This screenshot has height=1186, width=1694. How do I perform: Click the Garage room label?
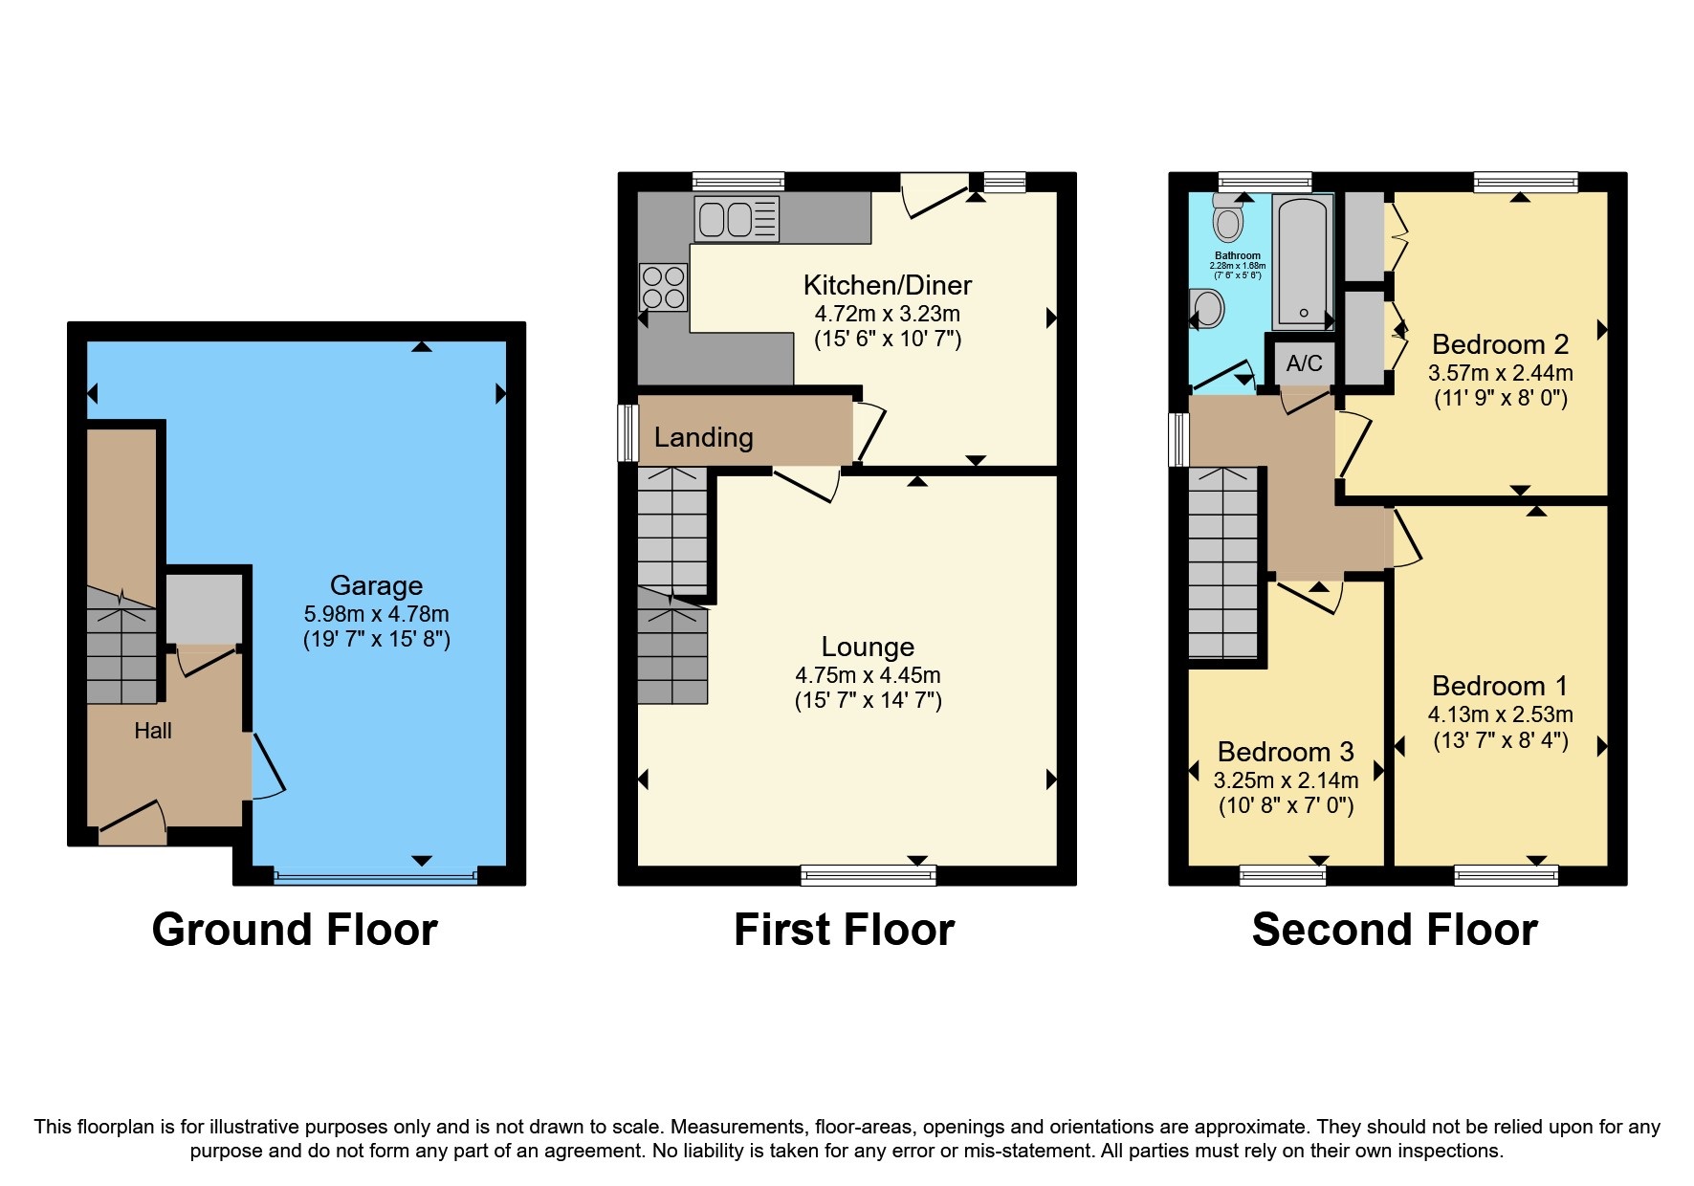376,585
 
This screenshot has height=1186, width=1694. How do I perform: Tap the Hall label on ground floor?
153,731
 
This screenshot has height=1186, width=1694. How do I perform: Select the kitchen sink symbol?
737,219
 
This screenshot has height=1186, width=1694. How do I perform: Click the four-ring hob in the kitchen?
663,287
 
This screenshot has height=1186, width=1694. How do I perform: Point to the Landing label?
703,437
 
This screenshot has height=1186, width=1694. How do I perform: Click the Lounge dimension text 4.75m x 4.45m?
868,675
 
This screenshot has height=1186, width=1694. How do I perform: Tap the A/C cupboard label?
1304,363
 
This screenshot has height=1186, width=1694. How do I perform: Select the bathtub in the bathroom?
1302,261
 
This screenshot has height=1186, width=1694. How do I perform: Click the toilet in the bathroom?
1227,219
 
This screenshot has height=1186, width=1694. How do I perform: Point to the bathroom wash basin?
1208,309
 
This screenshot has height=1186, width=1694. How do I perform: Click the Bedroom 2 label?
1500,344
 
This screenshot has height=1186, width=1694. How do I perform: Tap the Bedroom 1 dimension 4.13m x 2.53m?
1500,714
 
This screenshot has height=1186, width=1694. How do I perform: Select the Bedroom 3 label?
1285,752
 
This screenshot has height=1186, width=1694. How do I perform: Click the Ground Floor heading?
295,930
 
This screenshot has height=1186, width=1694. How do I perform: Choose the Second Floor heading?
1394,930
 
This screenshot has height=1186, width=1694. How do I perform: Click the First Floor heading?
844,930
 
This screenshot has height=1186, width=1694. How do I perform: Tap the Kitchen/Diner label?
887,285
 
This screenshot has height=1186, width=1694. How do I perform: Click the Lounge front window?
868,873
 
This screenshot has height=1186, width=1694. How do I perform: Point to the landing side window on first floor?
627,432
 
